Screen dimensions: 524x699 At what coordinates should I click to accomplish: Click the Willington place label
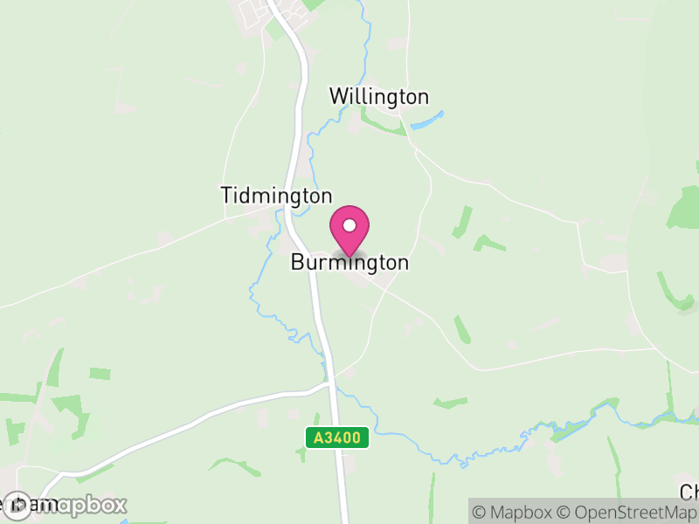[x=378, y=96]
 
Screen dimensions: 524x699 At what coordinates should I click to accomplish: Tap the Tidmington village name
[x=276, y=196]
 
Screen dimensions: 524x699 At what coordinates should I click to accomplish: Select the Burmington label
[x=349, y=262]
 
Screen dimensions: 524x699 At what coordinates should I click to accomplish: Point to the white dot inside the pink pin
[x=349, y=225]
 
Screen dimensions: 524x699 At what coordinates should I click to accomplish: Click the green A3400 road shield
[x=337, y=438]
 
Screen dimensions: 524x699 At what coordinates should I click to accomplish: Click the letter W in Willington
[x=338, y=96]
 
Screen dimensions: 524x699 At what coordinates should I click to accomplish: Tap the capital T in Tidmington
[x=227, y=196]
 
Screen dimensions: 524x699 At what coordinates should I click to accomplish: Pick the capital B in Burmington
[x=298, y=262]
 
